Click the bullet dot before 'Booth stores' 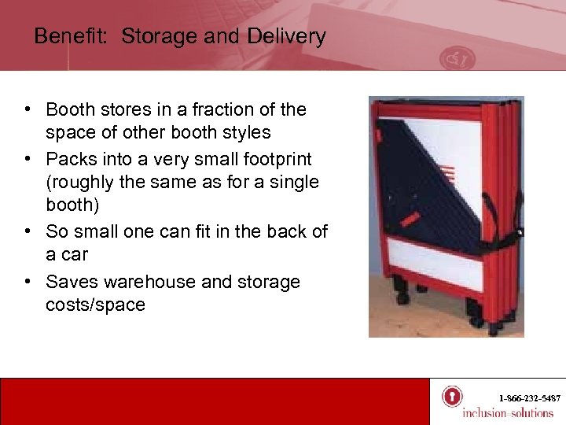28,110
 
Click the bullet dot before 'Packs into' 28,160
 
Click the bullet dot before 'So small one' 28,232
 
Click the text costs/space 95,305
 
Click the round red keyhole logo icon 451,397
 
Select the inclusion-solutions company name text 507,413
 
